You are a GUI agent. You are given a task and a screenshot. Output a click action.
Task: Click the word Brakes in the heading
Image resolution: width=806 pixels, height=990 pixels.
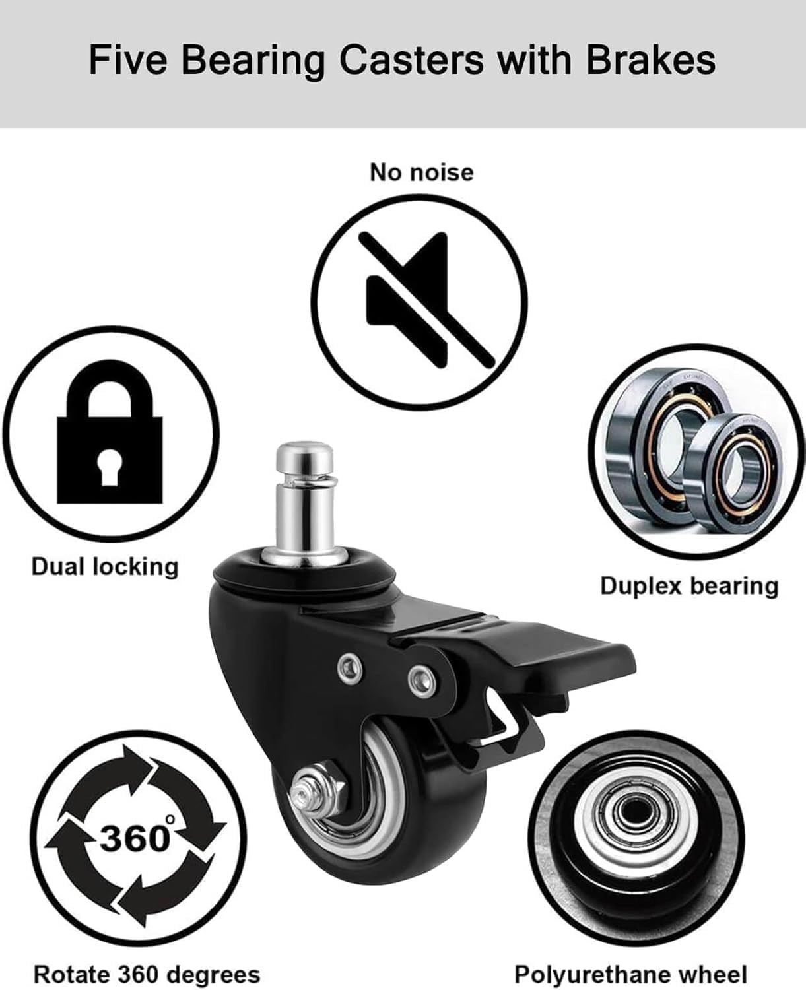tap(651, 60)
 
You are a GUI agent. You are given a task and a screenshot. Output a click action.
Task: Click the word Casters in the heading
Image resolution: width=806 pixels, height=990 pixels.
tap(411, 60)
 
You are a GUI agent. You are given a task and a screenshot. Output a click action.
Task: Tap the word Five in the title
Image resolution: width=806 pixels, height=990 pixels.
tap(128, 60)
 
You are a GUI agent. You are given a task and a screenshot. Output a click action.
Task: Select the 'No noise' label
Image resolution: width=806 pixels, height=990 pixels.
tap(422, 172)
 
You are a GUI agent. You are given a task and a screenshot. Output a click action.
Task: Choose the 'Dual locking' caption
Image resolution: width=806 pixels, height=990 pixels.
tap(105, 566)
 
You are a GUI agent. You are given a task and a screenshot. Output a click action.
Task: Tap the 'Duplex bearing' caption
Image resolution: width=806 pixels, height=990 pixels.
tap(689, 585)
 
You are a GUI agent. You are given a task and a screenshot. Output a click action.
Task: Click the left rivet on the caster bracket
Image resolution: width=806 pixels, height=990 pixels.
tap(351, 669)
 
